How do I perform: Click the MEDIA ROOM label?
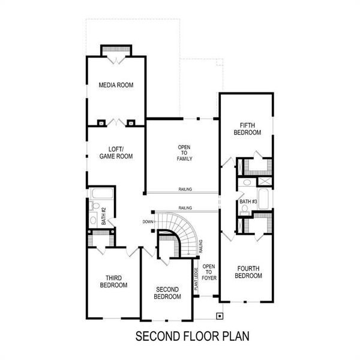pos(116,85)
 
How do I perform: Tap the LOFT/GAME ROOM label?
pos(116,153)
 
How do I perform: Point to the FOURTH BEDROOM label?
pos(249,272)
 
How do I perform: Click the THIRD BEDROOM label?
pos(113,281)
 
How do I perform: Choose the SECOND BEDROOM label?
pos(167,293)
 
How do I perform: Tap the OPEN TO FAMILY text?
pos(184,153)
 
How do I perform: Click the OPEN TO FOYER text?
pos(208,272)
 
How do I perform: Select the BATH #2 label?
pos(103,216)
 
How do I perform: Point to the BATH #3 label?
pos(248,201)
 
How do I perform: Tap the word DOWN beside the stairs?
pos(148,221)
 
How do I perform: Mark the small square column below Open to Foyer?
pos(220,314)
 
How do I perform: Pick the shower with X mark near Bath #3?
pos(265,181)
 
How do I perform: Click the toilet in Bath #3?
pos(244,209)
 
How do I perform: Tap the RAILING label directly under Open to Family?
pos(185,190)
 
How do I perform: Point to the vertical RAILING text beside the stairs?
pos(200,246)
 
